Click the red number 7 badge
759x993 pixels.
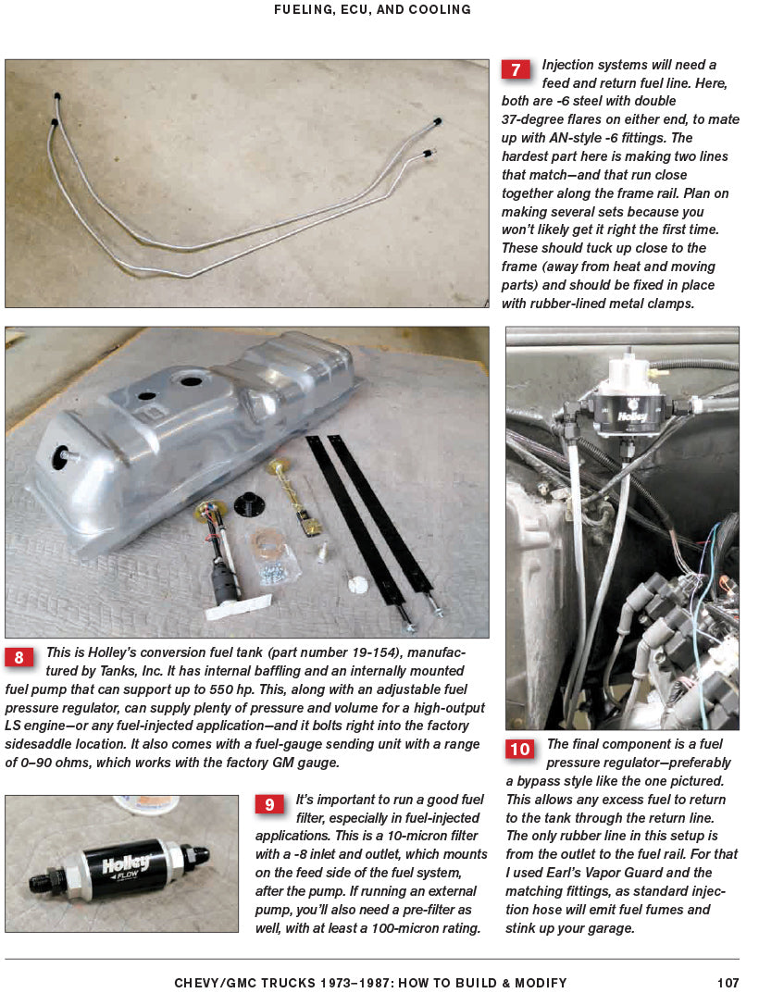pos(516,69)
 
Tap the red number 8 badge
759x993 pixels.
pos(19,657)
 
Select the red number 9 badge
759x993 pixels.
pos(269,804)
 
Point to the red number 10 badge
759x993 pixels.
pos(519,749)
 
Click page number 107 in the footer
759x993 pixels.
pos(728,983)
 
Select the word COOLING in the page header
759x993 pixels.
pos(442,10)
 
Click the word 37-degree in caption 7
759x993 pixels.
pos(535,120)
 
